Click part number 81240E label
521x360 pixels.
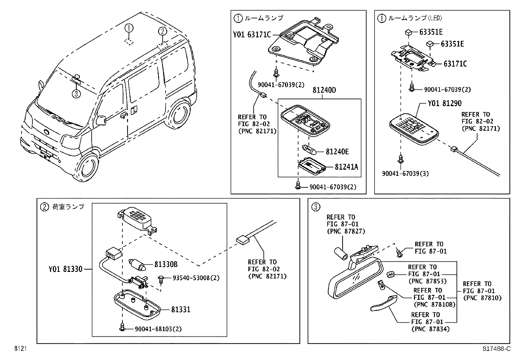337,152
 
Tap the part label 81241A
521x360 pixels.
346,167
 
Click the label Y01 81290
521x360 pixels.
444,104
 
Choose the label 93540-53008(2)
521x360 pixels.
196,278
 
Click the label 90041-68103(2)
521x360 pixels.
158,329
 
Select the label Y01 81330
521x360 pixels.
65,269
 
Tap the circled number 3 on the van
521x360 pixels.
76,94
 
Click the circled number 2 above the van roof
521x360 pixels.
163,31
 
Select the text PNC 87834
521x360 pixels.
430,329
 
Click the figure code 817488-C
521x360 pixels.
496,349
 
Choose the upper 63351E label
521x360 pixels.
431,32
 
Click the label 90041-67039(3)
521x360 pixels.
405,174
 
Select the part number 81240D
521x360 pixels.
324,90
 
